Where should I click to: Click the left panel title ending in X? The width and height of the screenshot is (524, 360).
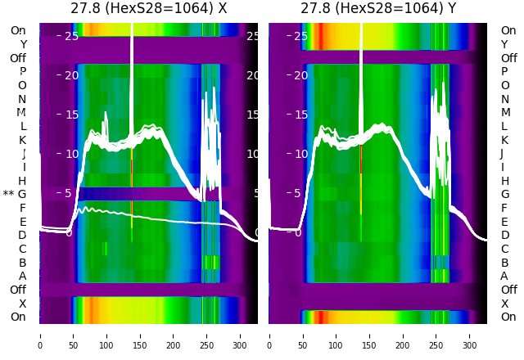tap(149, 9)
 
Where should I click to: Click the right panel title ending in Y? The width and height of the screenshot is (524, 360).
tap(377, 9)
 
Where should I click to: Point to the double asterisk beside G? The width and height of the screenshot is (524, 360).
tap(8, 195)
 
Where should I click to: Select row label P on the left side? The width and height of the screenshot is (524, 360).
tap(22, 72)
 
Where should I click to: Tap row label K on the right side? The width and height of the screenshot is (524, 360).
tap(504, 140)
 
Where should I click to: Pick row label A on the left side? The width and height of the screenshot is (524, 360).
tap(22, 277)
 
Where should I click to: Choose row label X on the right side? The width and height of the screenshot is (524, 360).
tap(504, 304)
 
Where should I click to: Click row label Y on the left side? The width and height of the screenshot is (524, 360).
tap(23, 44)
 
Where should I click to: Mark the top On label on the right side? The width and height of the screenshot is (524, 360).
tap(508, 30)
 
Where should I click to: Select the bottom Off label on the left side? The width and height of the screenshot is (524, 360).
tap(18, 290)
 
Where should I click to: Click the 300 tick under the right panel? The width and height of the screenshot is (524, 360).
tap(470, 335)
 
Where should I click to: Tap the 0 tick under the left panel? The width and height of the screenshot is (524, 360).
tap(40, 335)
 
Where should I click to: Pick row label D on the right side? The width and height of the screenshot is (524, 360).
tap(504, 236)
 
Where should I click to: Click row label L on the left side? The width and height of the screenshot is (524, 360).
tap(23, 126)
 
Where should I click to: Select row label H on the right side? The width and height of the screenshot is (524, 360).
tap(504, 181)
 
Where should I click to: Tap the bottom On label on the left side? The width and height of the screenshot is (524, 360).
tap(18, 317)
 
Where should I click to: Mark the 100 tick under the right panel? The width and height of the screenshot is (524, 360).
tap(336, 335)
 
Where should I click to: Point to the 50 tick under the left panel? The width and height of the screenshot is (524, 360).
tap(74, 335)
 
